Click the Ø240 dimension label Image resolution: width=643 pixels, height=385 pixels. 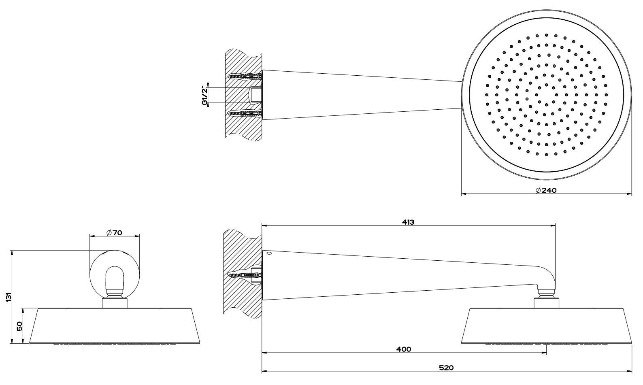[546, 190]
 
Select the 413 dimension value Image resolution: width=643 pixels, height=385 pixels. [408, 222]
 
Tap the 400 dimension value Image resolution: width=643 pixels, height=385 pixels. [403, 349]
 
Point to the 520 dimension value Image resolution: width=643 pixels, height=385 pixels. [446, 368]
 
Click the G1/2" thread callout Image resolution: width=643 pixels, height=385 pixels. [205, 95]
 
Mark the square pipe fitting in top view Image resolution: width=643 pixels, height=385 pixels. [255, 95]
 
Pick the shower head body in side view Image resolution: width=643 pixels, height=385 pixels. [547, 326]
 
